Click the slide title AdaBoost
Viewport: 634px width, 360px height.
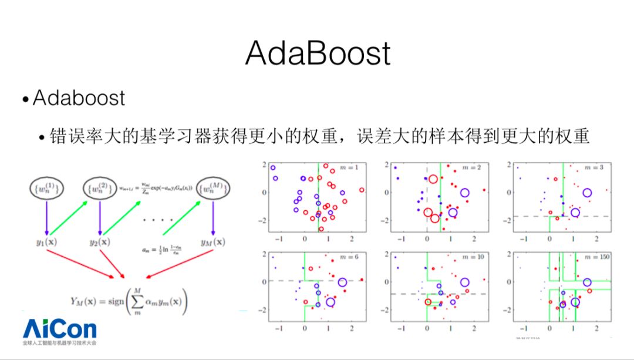point(318,53)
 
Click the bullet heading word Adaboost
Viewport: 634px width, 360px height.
point(79,97)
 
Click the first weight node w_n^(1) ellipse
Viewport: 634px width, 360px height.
point(47,188)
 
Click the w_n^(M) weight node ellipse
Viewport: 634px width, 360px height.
point(212,188)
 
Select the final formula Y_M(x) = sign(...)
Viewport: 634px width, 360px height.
point(130,302)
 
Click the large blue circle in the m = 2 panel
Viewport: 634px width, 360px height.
point(465,192)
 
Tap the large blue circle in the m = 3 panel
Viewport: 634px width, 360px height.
point(586,192)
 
